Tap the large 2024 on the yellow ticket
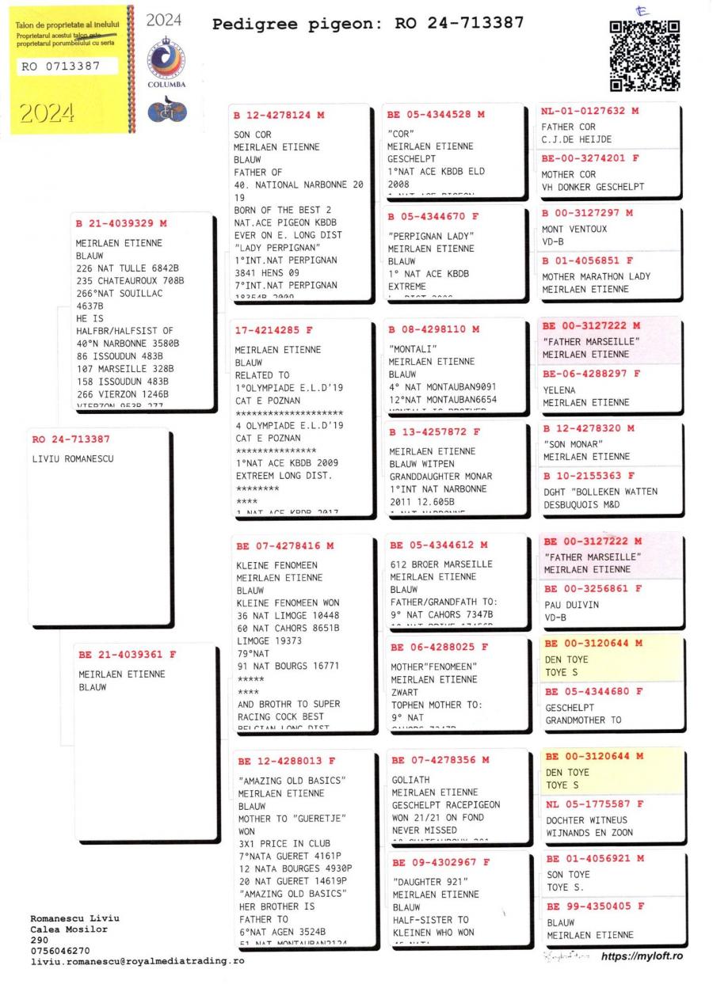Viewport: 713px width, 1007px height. (x=45, y=113)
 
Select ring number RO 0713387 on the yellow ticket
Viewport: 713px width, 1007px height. (x=60, y=66)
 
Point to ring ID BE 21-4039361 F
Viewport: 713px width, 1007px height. (x=128, y=655)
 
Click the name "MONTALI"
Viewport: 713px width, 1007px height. (x=411, y=348)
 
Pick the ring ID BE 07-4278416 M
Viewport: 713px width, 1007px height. (x=286, y=545)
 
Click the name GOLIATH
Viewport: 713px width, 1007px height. (x=411, y=779)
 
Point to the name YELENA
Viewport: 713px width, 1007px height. (x=559, y=390)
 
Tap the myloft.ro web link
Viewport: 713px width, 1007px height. (x=641, y=956)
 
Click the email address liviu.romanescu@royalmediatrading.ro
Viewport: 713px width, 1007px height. (x=137, y=961)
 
